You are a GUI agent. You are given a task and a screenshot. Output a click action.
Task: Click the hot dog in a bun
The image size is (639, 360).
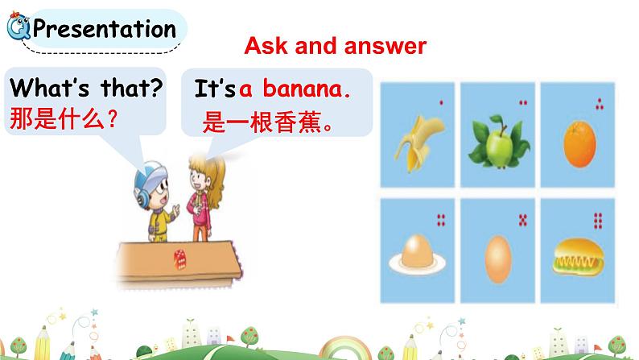(x=577, y=256)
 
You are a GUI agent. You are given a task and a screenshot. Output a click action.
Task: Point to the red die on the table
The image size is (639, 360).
(x=179, y=257)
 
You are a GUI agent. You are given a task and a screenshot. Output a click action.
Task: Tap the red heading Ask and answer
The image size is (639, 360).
(x=335, y=46)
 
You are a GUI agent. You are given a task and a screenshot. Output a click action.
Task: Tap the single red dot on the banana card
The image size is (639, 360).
(x=440, y=102)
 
